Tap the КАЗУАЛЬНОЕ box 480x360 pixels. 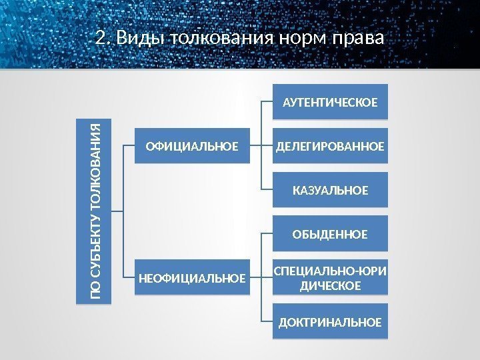[330, 190]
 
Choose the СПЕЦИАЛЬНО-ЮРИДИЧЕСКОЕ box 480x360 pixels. [330, 278]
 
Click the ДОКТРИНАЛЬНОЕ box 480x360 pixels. [330, 322]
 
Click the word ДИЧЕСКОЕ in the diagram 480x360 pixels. [330, 286]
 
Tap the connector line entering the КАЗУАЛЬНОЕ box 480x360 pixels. [267, 190]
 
